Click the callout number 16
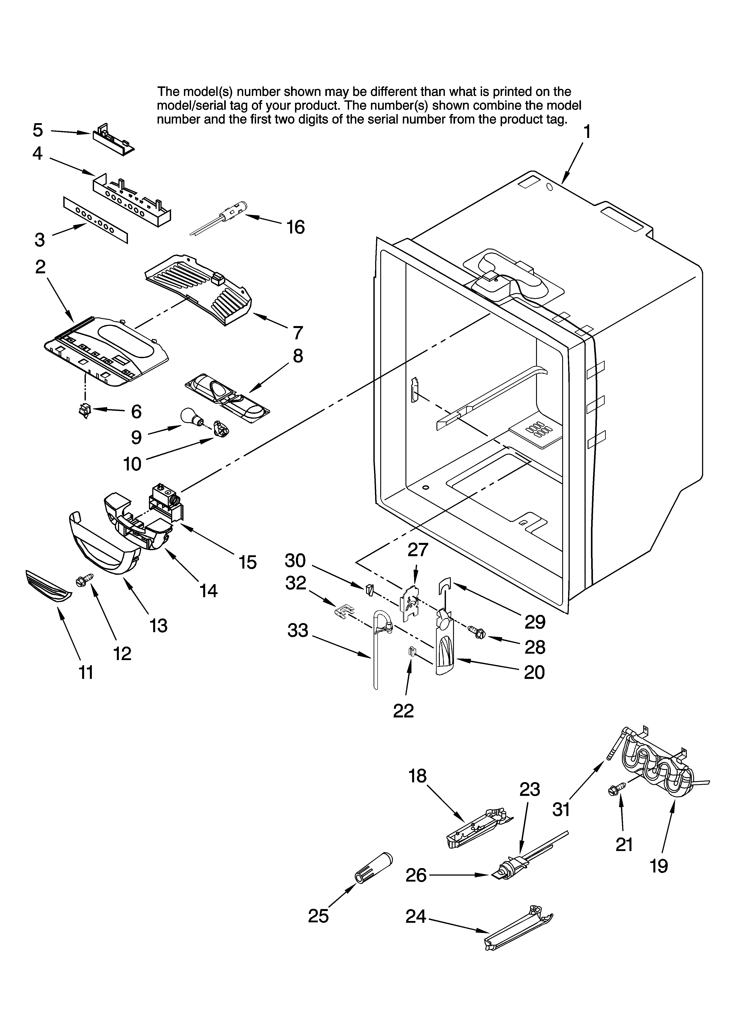(296, 227)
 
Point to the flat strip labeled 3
(95, 220)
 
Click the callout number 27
(417, 550)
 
